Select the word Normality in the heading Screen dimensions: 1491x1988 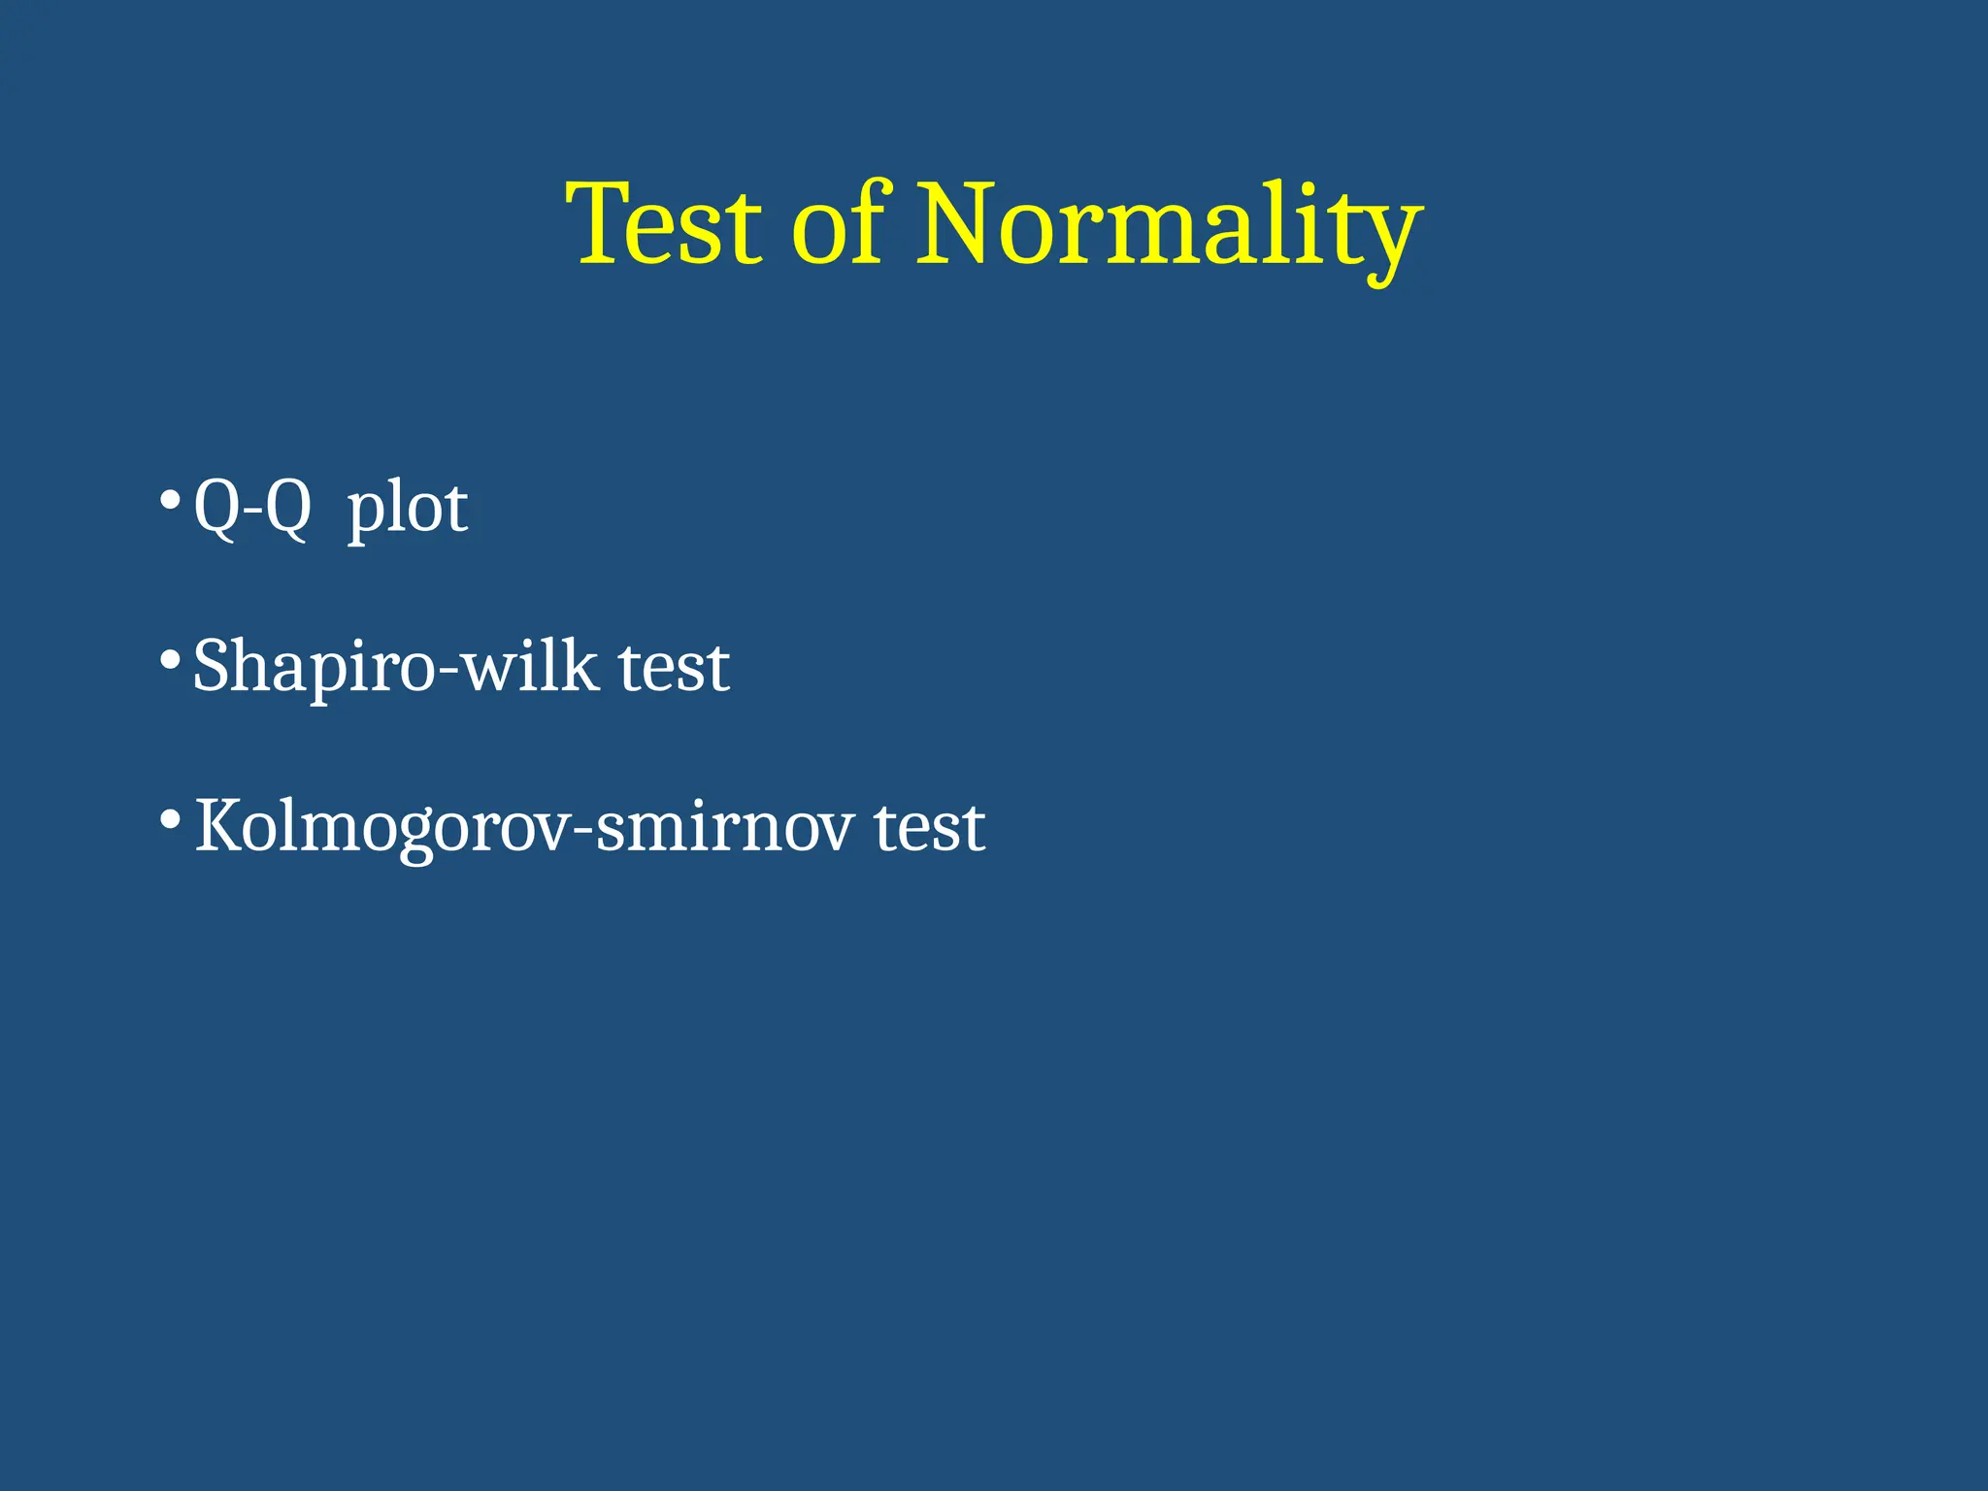pos(1169,228)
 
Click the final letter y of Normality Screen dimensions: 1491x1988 pos(1390,238)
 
